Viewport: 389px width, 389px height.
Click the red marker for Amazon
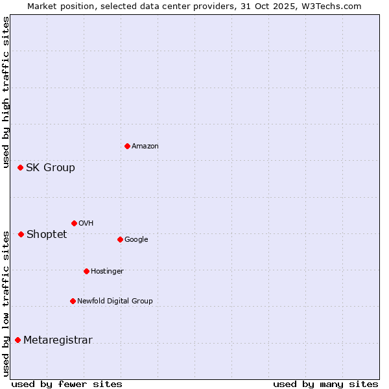[127, 146]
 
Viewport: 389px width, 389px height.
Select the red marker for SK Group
[20, 167]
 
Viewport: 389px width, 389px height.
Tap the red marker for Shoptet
[21, 234]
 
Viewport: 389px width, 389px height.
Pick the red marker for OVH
[74, 223]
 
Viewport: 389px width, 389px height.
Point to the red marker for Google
[120, 239]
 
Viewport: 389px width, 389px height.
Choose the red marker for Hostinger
[86, 271]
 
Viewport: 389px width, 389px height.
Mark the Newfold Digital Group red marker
[73, 301]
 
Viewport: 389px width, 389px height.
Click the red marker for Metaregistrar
[18, 340]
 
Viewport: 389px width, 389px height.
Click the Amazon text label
[145, 147]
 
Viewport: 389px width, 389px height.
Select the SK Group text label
[51, 168]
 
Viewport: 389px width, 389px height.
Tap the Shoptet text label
[47, 235]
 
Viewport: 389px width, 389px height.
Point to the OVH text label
[86, 224]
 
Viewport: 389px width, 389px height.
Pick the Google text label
[136, 240]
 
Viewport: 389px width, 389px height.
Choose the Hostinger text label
[107, 272]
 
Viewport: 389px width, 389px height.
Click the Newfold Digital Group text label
[115, 301]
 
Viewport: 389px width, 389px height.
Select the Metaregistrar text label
[58, 340]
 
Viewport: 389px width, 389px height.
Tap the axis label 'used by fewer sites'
[67, 384]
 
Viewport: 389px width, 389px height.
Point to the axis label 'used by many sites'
[325, 384]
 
